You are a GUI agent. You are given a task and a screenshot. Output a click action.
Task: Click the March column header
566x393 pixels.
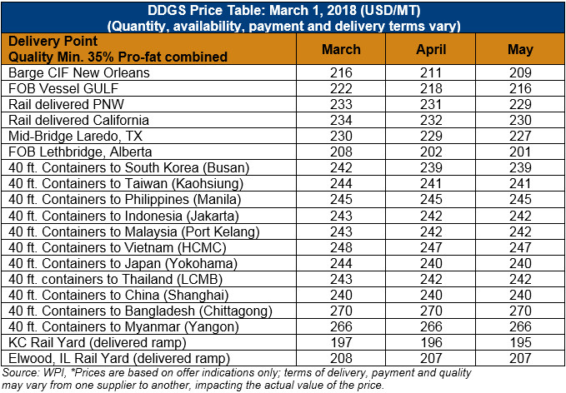click(341, 49)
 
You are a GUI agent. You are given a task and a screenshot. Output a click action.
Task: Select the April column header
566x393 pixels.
click(431, 49)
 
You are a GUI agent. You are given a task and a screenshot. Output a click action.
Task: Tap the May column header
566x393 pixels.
click(520, 49)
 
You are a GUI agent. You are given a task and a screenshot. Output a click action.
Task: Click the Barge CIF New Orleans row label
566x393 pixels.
click(79, 72)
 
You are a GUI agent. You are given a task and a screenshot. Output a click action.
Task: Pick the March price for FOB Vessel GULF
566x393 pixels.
click(341, 88)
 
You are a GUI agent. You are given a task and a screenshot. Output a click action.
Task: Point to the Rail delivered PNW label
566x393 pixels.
click(67, 104)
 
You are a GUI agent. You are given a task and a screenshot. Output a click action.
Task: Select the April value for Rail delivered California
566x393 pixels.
click(431, 120)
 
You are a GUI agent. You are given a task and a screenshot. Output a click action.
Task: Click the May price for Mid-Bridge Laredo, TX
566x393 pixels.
click(520, 136)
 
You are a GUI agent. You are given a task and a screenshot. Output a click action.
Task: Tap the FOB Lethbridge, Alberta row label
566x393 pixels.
click(80, 152)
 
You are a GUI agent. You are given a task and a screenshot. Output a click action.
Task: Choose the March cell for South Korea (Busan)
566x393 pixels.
click(341, 167)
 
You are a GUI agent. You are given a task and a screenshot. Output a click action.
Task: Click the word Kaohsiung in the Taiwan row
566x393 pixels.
click(208, 184)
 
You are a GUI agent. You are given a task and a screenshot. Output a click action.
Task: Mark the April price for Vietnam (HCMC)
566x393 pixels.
click(431, 247)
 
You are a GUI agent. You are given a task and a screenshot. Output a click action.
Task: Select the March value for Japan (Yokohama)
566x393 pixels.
click(341, 263)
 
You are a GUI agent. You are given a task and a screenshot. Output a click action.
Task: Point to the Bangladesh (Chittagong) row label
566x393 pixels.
click(140, 311)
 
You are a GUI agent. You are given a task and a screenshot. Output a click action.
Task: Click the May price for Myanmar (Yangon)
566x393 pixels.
click(520, 326)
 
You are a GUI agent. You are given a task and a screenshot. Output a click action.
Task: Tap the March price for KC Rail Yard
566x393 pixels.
click(341, 342)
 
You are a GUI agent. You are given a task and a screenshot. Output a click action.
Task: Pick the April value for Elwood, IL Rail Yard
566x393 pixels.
click(431, 358)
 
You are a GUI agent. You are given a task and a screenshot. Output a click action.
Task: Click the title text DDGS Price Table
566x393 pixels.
click(206, 10)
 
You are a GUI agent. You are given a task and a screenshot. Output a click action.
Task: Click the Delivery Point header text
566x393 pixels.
click(53, 41)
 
